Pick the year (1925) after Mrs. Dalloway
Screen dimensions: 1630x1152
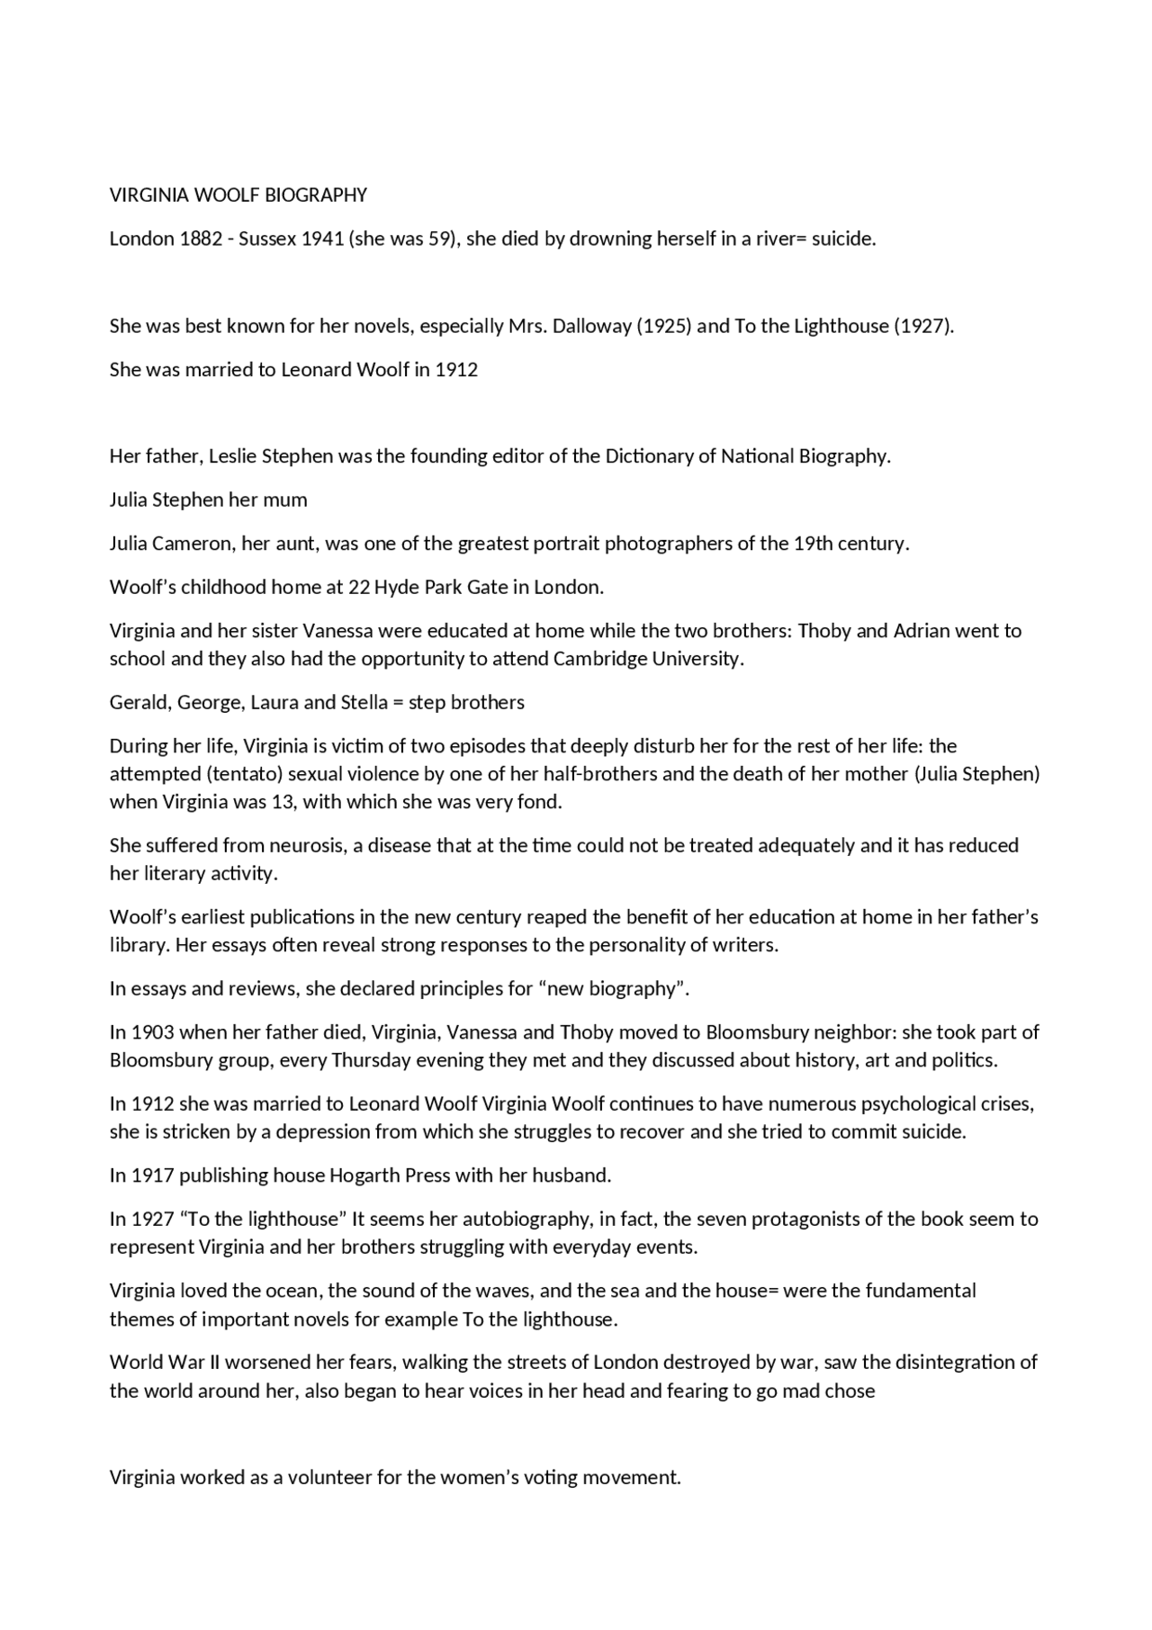click(x=664, y=326)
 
